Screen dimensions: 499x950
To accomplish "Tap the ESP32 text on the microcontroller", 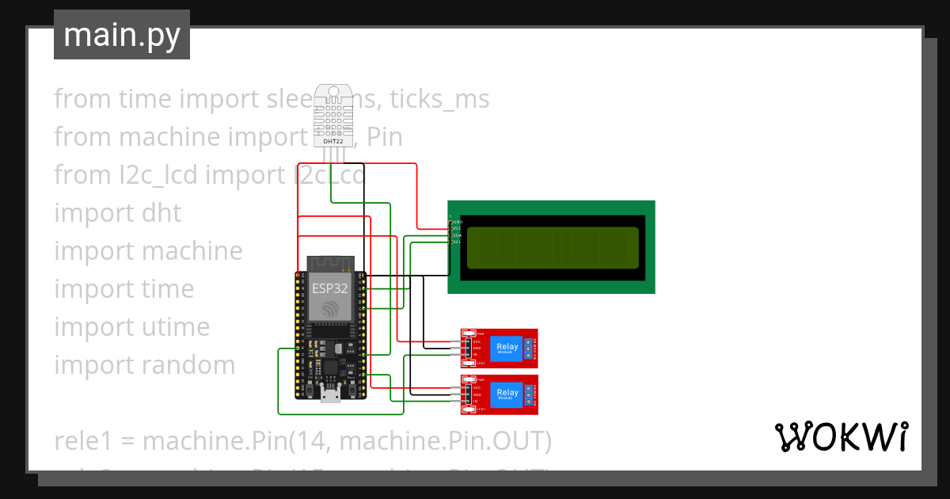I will [329, 288].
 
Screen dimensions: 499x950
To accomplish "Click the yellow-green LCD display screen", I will [552, 247].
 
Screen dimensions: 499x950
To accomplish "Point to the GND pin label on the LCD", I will [456, 222].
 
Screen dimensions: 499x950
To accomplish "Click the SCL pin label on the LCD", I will [456, 242].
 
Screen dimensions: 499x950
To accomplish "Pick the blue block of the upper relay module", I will [507, 349].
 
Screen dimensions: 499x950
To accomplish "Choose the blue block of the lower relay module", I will [507, 394].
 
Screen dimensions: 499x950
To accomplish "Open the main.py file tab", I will [122, 35].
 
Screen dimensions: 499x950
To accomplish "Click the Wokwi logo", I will [841, 437].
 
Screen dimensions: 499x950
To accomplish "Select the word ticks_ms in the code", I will [439, 99].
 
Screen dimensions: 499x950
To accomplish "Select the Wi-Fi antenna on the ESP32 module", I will [329, 262].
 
